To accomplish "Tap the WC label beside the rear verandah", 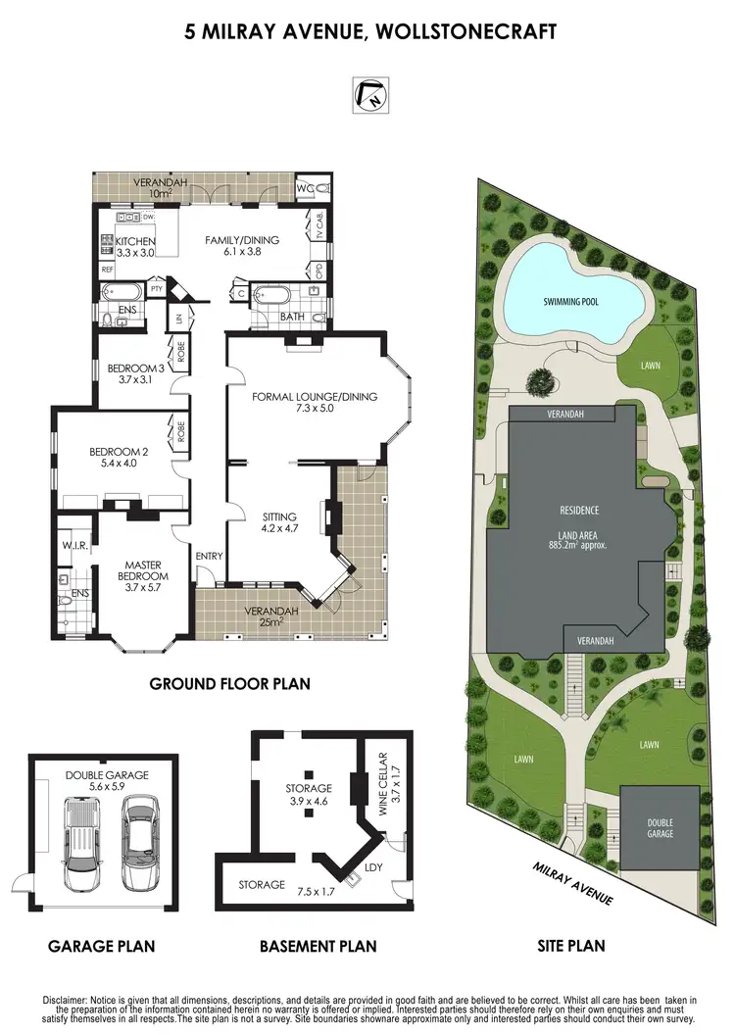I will coord(306,186).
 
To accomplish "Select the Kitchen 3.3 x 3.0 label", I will coord(135,247).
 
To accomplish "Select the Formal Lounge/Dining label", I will coord(300,403).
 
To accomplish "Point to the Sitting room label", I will coord(279,522).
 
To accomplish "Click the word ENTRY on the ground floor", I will coord(209,557).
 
